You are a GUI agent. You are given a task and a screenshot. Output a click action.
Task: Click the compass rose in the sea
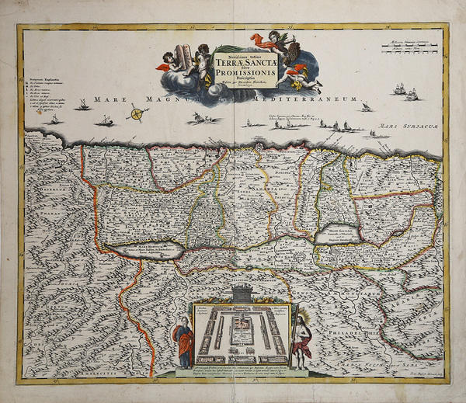(x=137, y=113)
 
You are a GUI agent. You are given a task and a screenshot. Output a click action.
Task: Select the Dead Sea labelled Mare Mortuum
(x=151, y=250)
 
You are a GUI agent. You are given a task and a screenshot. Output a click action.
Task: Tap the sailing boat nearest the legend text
(x=81, y=105)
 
